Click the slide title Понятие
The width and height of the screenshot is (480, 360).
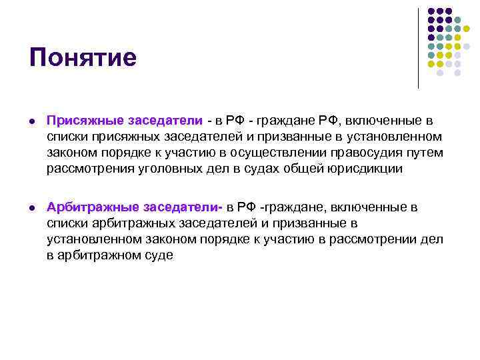pos(83,57)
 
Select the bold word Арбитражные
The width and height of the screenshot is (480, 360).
pos(90,207)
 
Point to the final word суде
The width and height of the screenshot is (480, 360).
pos(158,255)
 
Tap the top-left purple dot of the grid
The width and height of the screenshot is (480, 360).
pos(431,11)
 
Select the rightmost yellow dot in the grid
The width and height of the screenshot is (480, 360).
pos(467,29)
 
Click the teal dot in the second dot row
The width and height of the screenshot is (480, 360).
pos(457,20)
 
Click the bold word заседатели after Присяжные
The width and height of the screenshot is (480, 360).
pos(169,121)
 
